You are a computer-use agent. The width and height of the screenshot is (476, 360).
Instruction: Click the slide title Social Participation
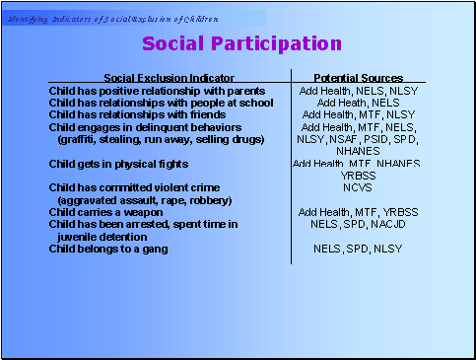pos(241,43)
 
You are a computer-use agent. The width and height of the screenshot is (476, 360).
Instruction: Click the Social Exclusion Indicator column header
pos(169,77)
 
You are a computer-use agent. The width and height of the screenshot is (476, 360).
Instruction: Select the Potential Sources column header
pos(359,77)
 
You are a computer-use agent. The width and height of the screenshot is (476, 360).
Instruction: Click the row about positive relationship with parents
pos(157,90)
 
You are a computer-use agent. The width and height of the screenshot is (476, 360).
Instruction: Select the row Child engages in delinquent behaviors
pos(145,126)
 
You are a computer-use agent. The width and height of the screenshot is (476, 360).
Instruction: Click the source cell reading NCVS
pos(358,187)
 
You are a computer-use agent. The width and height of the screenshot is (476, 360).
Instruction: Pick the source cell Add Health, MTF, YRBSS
pos(359,212)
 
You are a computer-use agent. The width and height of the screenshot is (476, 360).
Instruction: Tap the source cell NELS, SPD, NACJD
pos(359,225)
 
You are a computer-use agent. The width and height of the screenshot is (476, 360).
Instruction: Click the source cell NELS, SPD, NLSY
pos(359,249)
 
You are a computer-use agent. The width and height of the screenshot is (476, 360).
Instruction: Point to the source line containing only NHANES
pos(359,151)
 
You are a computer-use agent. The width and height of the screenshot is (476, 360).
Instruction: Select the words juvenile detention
pos(102,237)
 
